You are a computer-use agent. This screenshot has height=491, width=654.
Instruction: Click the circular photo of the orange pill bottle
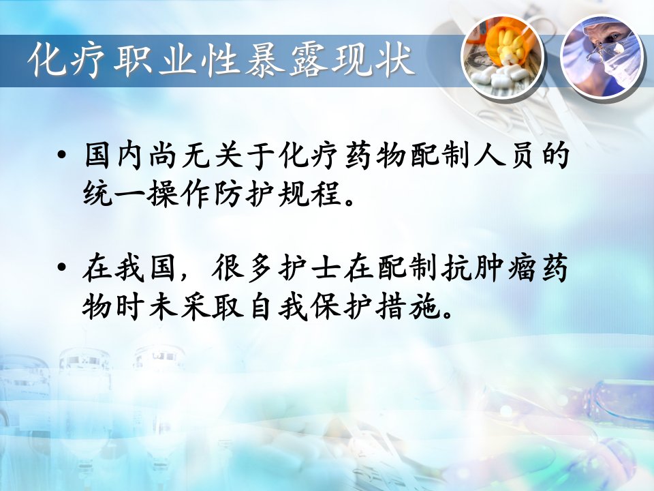[x=503, y=57]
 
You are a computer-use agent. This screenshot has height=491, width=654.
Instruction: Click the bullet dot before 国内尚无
[x=62, y=156]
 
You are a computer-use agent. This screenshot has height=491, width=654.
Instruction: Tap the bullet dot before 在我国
[x=62, y=267]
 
